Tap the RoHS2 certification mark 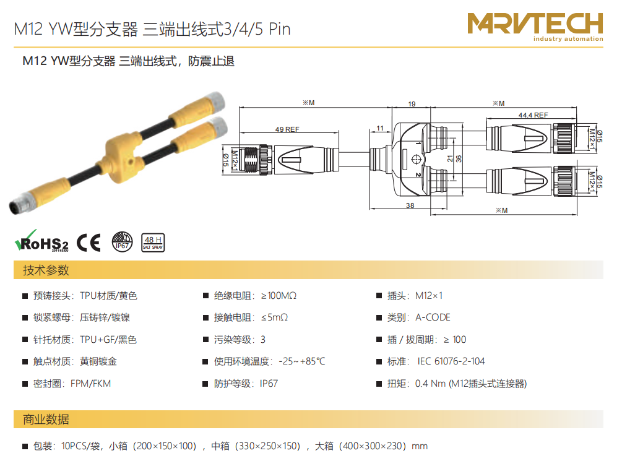[x=41, y=241]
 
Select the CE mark [x=89, y=243]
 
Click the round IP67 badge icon [x=122, y=242]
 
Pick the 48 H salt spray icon [x=153, y=243]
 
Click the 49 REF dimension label [x=287, y=129]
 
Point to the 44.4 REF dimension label [x=533, y=115]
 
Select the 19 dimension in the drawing [x=412, y=104]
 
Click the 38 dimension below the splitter [x=410, y=205]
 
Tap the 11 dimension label [x=380, y=128]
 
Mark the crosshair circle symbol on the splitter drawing [x=416, y=160]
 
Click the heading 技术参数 [x=46, y=270]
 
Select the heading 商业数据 [x=46, y=420]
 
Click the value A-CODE [x=433, y=317]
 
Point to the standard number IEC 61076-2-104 [x=451, y=361]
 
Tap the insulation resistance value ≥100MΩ [x=279, y=296]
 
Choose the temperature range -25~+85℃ [x=302, y=361]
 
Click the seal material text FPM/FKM [x=90, y=384]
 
